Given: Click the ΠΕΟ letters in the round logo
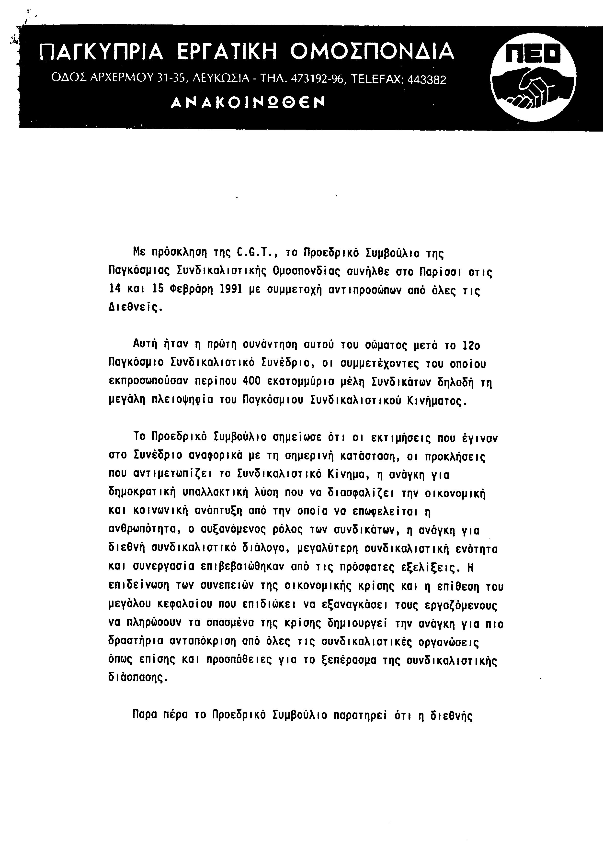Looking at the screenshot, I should [533, 53].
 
